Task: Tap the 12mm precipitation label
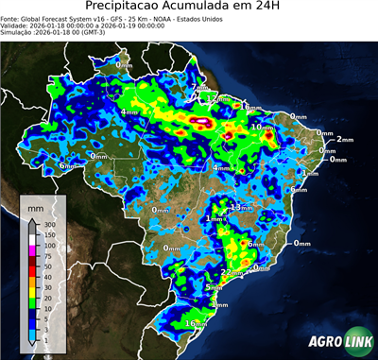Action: click(x=216, y=98)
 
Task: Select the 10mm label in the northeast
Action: click(x=261, y=127)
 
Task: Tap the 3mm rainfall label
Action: click(x=220, y=304)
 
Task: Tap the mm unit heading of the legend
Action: click(x=36, y=204)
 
